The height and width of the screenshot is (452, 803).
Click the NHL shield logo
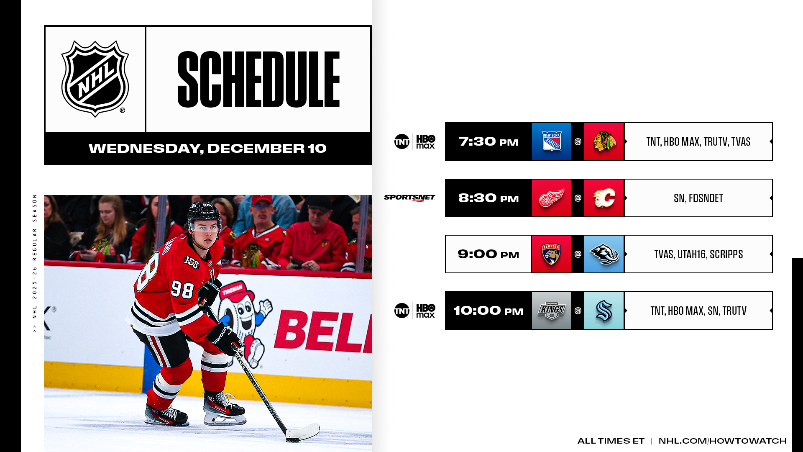pos(95,79)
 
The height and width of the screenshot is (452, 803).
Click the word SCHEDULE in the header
pos(258,79)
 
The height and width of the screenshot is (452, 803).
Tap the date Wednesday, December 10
pos(207,148)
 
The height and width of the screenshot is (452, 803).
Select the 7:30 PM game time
pos(488,141)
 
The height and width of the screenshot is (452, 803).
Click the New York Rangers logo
pos(551,141)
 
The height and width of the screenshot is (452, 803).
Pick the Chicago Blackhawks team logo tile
pos(604,141)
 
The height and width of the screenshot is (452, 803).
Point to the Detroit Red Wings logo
pos(551,198)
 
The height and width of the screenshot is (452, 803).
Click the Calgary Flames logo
pos(604,198)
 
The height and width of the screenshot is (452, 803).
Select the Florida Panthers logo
pos(551,254)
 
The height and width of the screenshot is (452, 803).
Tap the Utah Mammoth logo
pos(604,254)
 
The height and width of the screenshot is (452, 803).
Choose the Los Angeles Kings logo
pos(551,311)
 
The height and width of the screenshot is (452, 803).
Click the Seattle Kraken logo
pos(604,311)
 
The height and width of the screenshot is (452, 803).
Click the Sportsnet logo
pos(409,198)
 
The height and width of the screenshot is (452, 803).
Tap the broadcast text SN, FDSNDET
pos(698,198)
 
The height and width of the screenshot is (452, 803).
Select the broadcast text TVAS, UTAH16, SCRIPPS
pos(698,254)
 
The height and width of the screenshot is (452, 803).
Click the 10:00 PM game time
pos(488,311)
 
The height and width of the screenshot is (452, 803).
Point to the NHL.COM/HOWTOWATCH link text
pos(723,441)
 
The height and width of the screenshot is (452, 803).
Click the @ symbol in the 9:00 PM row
pos(578,254)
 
